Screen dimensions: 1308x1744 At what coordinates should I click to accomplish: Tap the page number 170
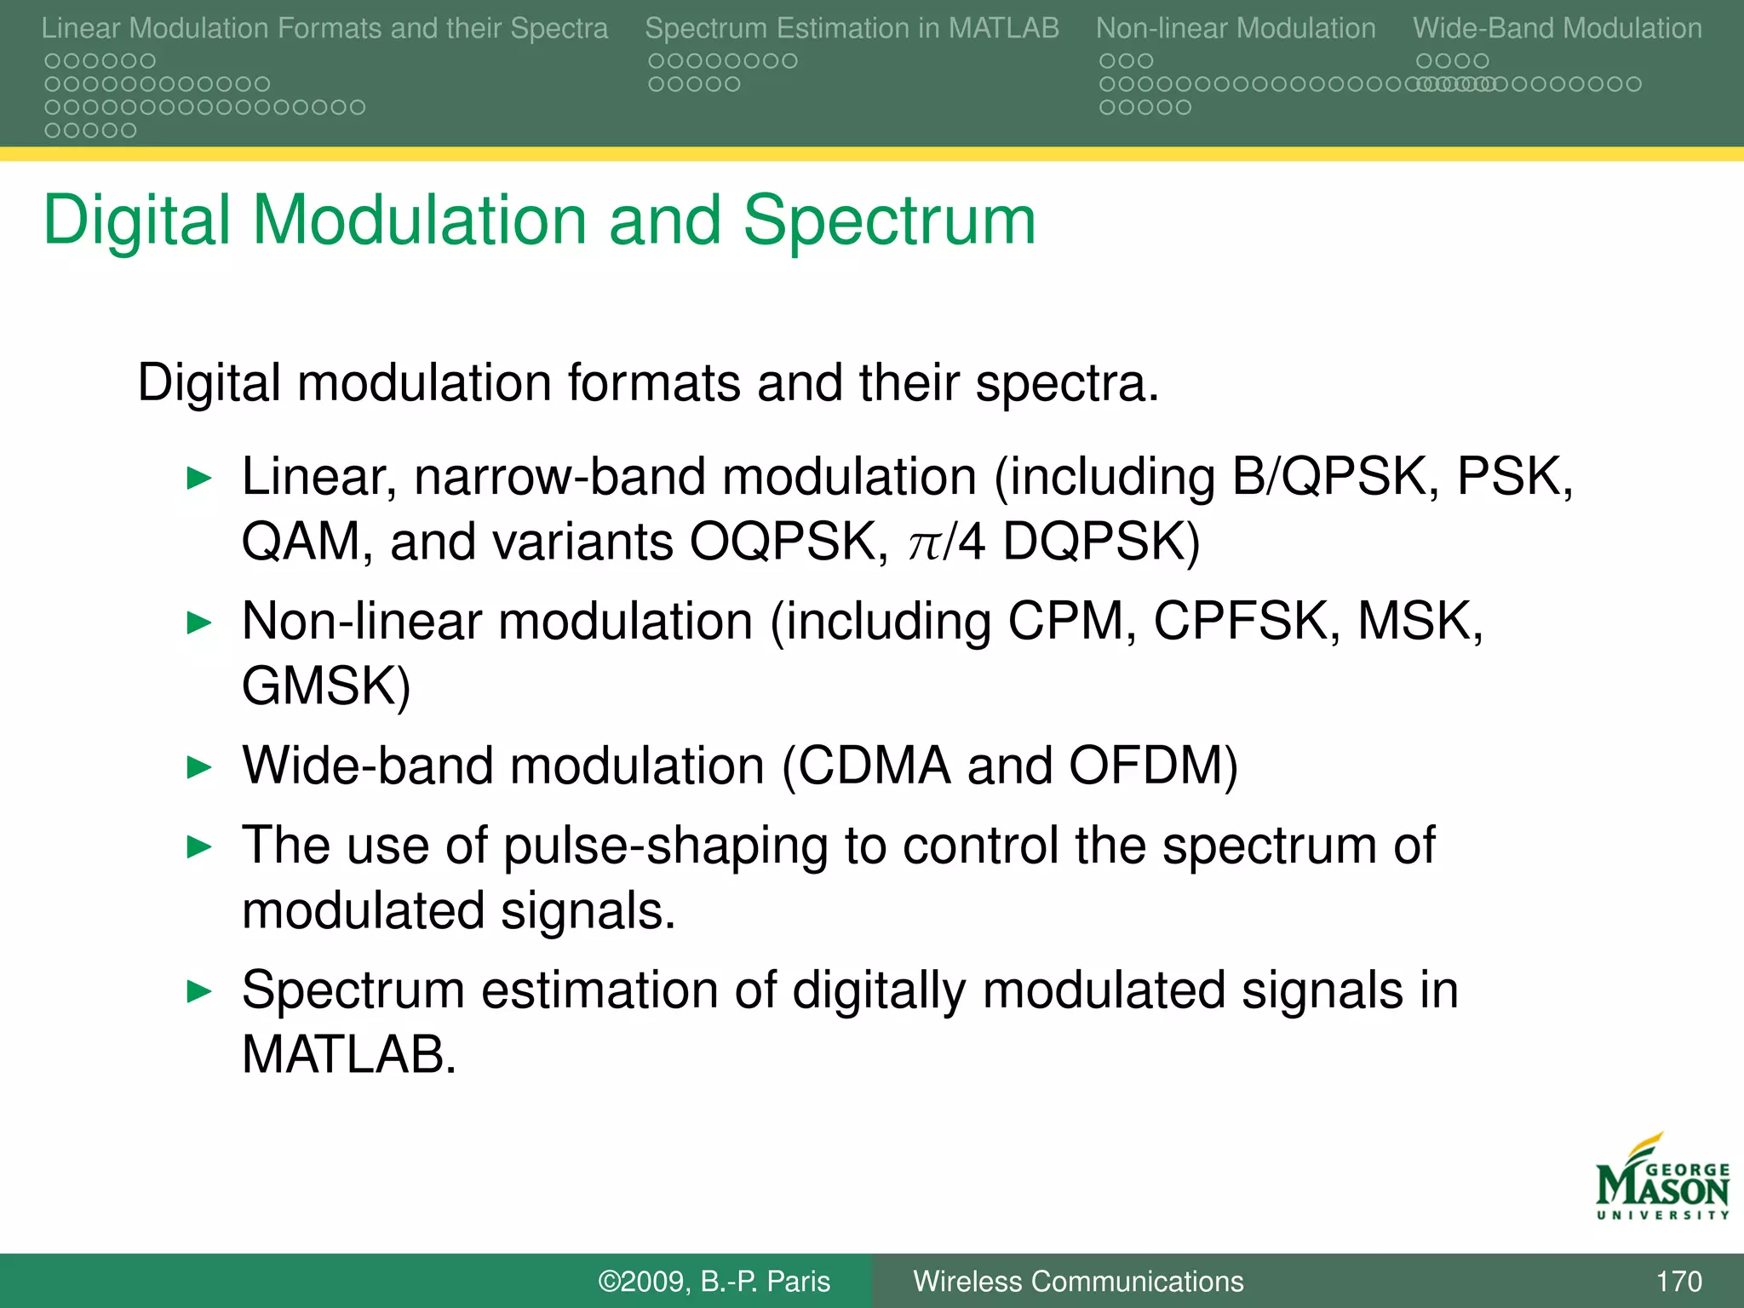tap(1678, 1281)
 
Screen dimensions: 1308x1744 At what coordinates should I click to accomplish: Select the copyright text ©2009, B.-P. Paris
tap(714, 1281)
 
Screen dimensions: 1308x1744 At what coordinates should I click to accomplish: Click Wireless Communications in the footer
tap(1078, 1281)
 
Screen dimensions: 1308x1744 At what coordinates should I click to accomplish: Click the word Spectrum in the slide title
tap(889, 221)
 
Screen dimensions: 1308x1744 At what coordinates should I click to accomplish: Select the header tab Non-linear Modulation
tap(1236, 28)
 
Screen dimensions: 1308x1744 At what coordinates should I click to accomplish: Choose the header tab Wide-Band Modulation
tap(1557, 28)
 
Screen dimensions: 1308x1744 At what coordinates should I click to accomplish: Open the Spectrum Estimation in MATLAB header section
tap(852, 28)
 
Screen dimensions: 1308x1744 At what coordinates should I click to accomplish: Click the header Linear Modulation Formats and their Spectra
tap(324, 28)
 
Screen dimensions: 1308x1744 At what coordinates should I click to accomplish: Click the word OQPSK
tap(789, 542)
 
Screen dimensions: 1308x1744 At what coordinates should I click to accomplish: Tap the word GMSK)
tap(326, 686)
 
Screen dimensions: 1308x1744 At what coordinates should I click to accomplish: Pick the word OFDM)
tap(1153, 766)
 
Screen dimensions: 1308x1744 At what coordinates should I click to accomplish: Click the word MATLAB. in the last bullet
tap(349, 1055)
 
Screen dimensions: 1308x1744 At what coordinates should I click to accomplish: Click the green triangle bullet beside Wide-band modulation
tap(198, 767)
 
